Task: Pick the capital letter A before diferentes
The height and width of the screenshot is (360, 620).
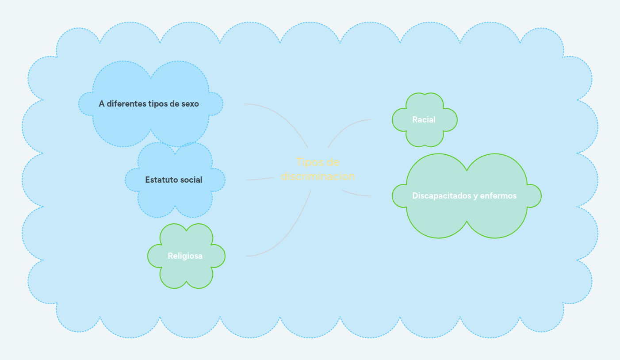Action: point(101,104)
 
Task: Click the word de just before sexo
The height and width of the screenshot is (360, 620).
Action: point(174,104)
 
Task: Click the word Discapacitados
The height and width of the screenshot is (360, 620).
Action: point(439,195)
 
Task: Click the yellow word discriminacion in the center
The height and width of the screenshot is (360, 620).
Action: point(318,176)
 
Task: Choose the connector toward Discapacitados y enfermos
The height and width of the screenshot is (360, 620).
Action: point(356,194)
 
